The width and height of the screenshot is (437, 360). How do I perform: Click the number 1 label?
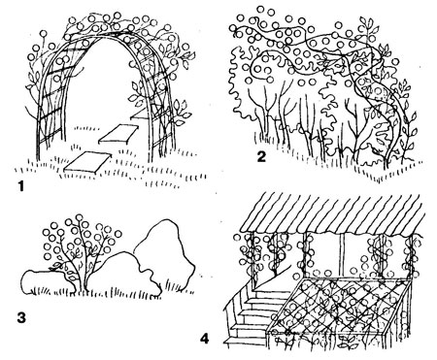[21, 186]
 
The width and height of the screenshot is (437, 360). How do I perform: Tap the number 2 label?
[261, 156]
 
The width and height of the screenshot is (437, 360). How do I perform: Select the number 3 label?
[21, 317]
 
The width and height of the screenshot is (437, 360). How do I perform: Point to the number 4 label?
[205, 339]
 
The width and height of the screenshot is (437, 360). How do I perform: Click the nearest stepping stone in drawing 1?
[86, 161]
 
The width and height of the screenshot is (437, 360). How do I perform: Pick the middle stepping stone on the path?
[118, 134]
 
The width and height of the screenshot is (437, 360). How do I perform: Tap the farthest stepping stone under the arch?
[139, 115]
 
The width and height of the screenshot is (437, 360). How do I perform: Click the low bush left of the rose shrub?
[46, 282]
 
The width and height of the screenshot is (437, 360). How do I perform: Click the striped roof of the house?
[332, 213]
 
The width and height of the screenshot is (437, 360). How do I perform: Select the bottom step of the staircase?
[245, 341]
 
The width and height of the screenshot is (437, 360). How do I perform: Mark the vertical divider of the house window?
[342, 255]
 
